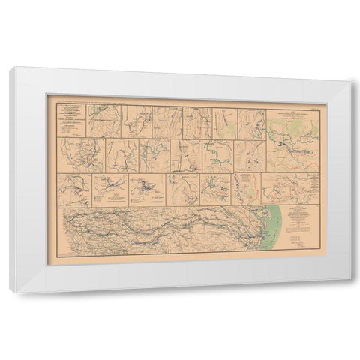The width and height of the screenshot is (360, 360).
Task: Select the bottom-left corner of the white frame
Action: (x=11, y=290)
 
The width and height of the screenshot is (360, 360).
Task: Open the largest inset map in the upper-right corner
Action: (x=292, y=135)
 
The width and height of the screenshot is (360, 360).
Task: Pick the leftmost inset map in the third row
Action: (x=74, y=190)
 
